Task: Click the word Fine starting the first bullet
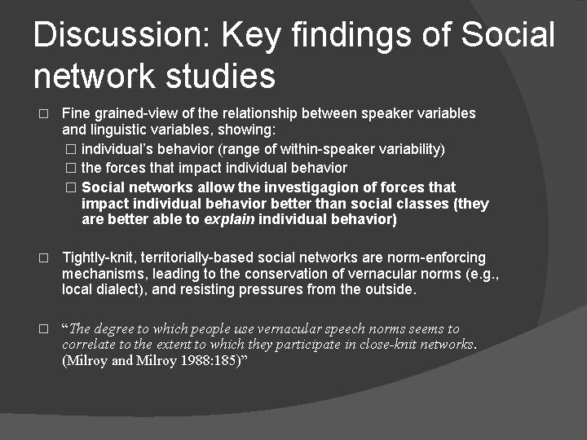[76, 113]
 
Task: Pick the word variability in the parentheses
[410, 149]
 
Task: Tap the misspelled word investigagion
[307, 187]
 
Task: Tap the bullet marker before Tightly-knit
[44, 258]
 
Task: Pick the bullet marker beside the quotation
[44, 330]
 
